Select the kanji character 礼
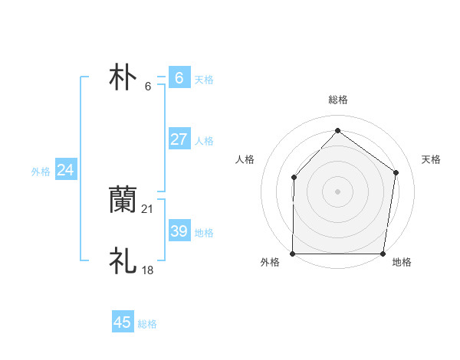pos(123,261)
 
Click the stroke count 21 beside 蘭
pos(148,208)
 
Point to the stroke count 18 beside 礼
pos(148,270)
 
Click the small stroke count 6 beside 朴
pos(148,86)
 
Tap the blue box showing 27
pos(179,139)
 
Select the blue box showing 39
pos(179,231)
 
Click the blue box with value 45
pos(123,322)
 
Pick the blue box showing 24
pos(66,170)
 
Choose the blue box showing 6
pos(179,77)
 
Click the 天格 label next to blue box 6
pos(204,79)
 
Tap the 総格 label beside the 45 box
pos(147,324)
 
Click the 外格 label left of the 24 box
pos(41,172)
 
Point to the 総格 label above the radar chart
pos(337,100)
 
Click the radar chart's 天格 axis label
pos(432,159)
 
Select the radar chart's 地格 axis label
pos(402,262)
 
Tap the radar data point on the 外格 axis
pos(293,254)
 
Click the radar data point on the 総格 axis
pos(337,130)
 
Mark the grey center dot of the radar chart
pos(337,191)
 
